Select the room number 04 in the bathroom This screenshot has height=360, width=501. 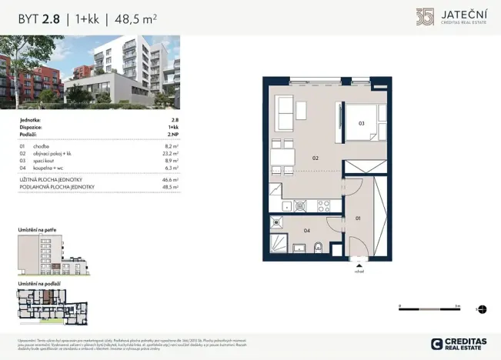[306, 230]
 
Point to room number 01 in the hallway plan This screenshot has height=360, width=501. [359, 218]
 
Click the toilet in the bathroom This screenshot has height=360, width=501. [317, 247]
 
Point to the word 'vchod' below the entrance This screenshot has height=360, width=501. [359, 271]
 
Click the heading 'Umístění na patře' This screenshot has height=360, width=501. [37, 229]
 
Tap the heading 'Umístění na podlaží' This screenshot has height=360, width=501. [40, 283]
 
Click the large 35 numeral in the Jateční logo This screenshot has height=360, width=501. [425, 17]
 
